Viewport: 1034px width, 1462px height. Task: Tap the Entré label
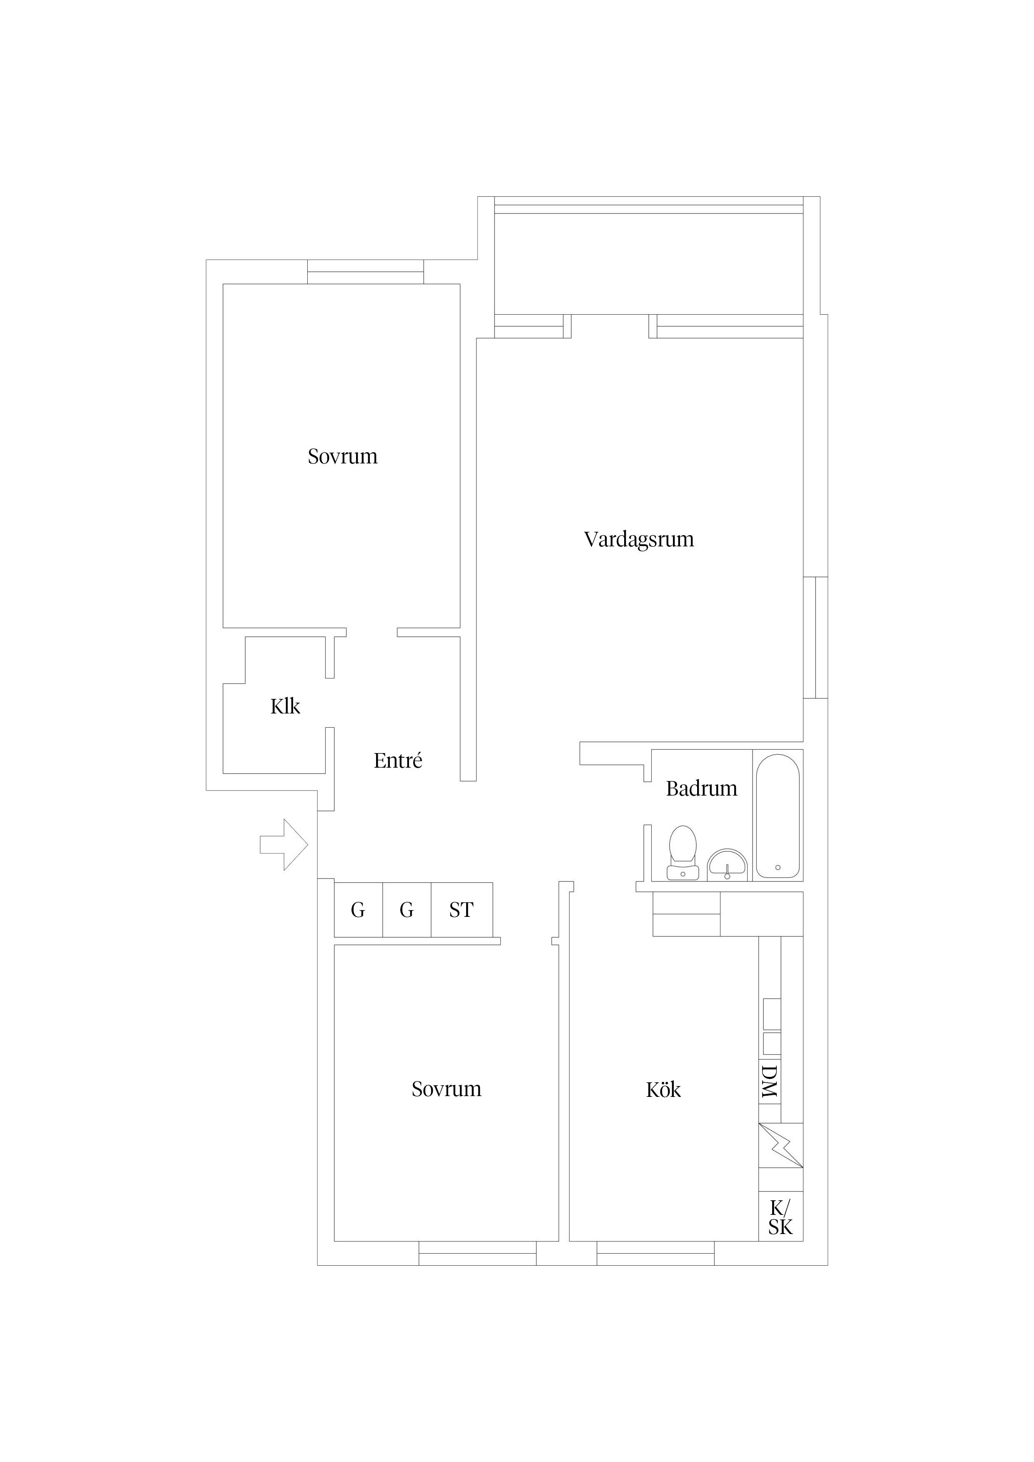click(397, 760)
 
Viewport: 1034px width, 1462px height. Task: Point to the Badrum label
click(701, 789)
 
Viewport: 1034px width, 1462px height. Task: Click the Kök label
click(663, 1089)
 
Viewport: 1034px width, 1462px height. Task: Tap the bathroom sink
click(728, 865)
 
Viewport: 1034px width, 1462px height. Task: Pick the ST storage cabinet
click(461, 910)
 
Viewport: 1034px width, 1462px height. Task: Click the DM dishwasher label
click(770, 1081)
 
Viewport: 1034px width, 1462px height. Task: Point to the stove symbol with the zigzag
click(781, 1146)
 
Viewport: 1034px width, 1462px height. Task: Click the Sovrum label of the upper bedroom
click(342, 456)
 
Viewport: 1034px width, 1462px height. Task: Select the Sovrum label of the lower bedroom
click(446, 1089)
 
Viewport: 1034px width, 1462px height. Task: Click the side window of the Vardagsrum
click(816, 637)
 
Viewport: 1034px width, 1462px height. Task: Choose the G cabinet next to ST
click(407, 910)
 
